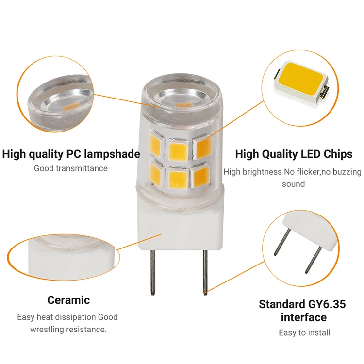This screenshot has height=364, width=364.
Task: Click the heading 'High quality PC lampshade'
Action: (71, 154)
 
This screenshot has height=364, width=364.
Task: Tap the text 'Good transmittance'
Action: (71, 168)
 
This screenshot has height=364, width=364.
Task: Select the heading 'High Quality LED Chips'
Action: (294, 154)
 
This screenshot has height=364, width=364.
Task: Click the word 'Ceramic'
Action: (68, 300)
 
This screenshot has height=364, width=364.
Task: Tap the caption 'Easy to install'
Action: (304, 332)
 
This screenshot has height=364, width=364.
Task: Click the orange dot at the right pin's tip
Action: (205, 293)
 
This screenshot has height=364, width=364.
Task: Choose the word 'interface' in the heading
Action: (304, 318)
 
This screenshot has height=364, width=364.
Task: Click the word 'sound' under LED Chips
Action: (293, 184)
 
